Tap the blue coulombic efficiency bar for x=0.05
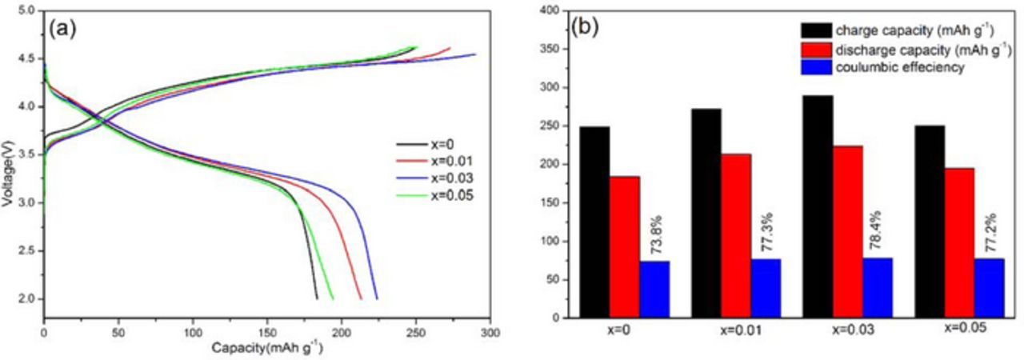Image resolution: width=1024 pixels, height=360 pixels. pyautogui.click(x=989, y=288)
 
